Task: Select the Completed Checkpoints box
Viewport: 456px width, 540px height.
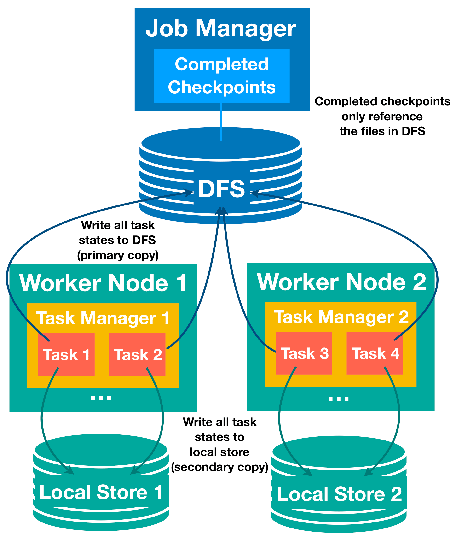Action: [x=222, y=76]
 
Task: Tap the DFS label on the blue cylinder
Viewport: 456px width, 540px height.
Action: [x=222, y=189]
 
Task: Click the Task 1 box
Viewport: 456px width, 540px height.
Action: [x=66, y=354]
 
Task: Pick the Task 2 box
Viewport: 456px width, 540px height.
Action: [x=137, y=354]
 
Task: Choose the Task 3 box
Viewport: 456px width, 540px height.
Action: [x=304, y=353]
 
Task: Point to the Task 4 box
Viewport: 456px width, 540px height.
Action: [x=375, y=353]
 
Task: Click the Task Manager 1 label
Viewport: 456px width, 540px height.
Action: [x=103, y=318]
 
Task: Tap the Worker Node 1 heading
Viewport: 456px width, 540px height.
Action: [x=103, y=283]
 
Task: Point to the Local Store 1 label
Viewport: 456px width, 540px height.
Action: [x=101, y=492]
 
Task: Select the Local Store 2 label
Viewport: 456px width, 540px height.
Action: [x=339, y=494]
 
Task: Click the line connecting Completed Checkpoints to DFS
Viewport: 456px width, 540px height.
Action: [x=221, y=122]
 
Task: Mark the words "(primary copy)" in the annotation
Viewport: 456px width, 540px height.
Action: [x=118, y=256]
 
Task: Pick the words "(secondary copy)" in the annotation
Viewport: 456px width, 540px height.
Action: [x=220, y=467]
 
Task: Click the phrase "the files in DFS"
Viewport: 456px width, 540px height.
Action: [x=382, y=131]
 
